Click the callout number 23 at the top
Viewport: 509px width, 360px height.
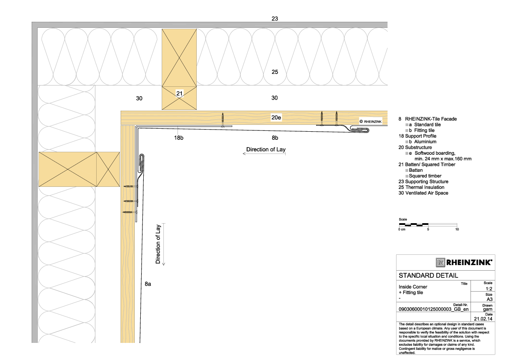[275, 18]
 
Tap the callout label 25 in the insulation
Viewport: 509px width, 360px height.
[275, 72]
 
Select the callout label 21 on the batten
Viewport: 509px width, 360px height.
[180, 94]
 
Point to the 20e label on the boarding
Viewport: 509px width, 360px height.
[276, 118]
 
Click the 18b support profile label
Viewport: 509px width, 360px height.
[178, 138]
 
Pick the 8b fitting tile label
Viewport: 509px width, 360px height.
[275, 138]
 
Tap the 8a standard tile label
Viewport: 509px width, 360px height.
[148, 284]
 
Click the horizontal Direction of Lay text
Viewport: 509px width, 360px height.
[266, 149]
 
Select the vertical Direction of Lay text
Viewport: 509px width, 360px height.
[158, 244]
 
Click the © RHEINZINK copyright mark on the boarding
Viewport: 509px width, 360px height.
[370, 121]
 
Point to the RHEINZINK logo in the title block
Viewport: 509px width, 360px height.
[464, 262]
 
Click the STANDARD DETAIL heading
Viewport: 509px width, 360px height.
[428, 276]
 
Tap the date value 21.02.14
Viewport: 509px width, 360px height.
[483, 319]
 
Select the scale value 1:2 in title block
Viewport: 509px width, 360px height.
[489, 289]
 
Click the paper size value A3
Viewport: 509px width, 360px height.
[489, 299]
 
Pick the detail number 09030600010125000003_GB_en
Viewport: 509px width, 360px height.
[434, 309]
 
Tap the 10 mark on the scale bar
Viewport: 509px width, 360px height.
[457, 229]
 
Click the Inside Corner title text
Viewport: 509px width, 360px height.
[413, 287]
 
